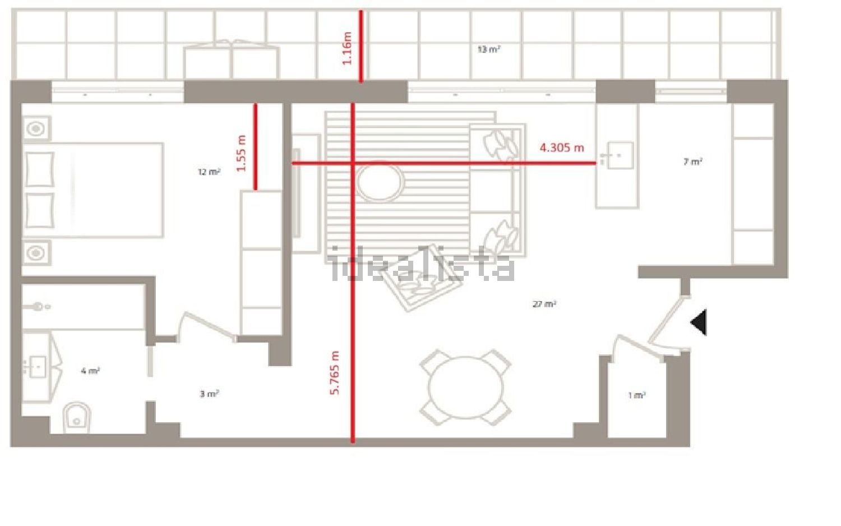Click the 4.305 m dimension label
tap(562, 147)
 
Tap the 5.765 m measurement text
tap(335, 372)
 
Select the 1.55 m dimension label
tap(242, 153)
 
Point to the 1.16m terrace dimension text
tap(347, 48)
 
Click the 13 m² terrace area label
tap(488, 49)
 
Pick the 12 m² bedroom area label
tap(209, 172)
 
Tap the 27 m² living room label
tap(544, 304)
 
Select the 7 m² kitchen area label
tap(693, 162)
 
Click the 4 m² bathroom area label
tap(90, 371)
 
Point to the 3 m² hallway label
tap(209, 394)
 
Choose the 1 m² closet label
tap(637, 395)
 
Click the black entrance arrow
tap(699, 322)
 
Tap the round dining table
tap(465, 387)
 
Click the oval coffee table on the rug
tap(380, 182)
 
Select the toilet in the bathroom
tap(77, 418)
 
